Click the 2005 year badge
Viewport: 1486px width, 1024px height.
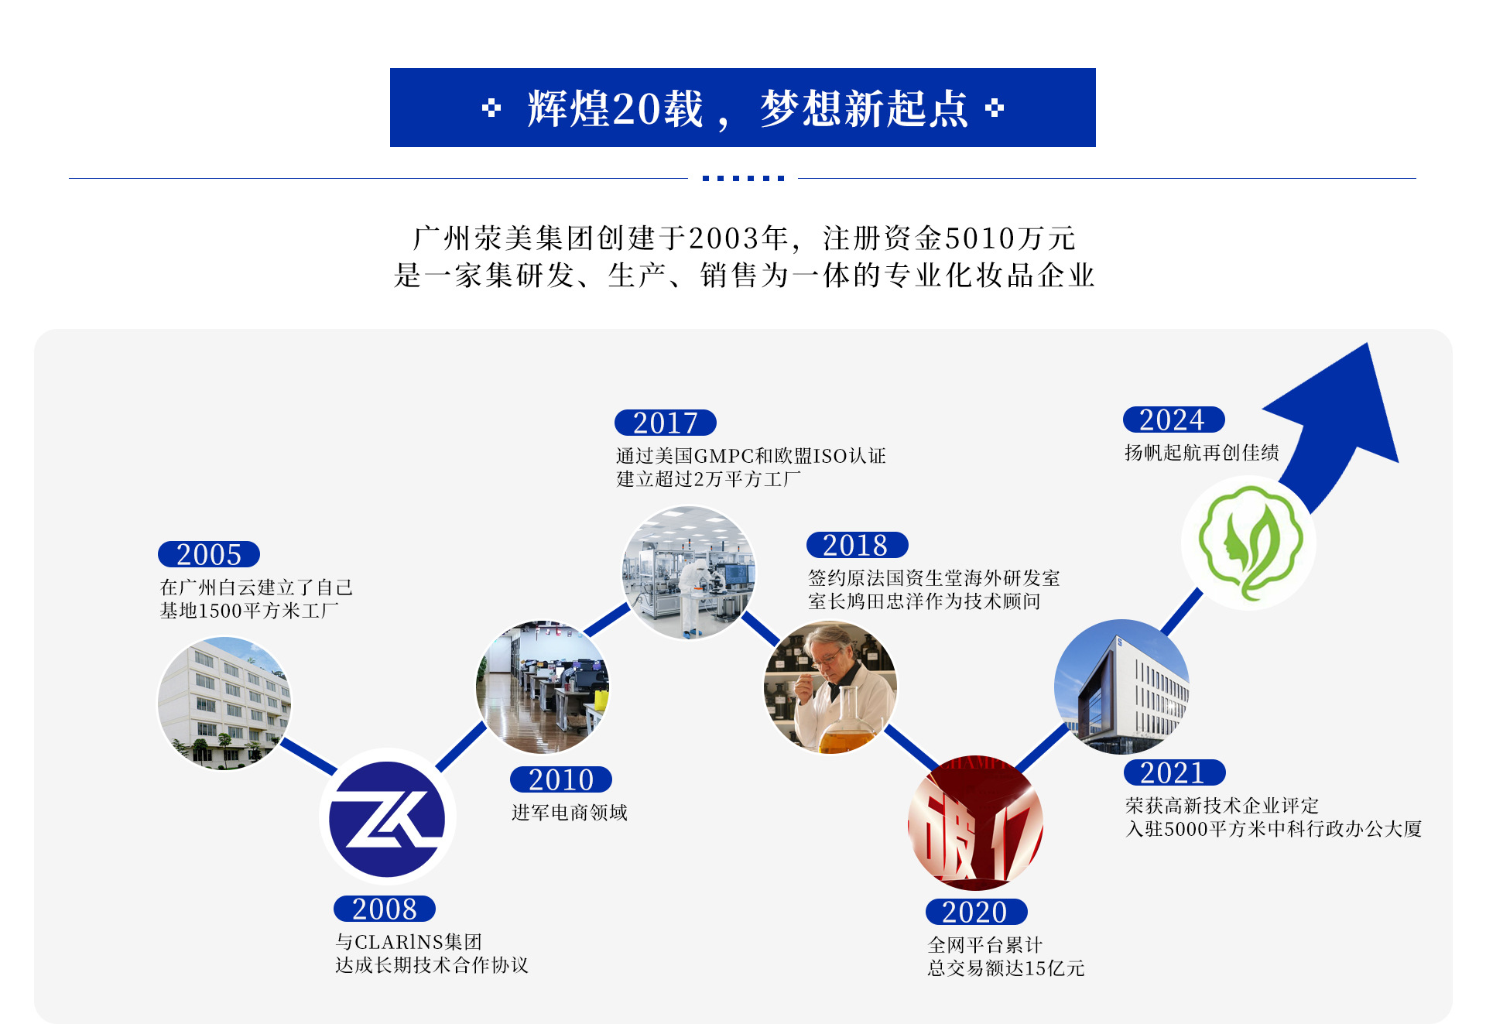click(209, 554)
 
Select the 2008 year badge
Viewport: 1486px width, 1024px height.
click(385, 909)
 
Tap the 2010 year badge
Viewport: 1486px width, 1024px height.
click(561, 779)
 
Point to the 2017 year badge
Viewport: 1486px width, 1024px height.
click(666, 423)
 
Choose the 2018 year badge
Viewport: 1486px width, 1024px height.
click(857, 545)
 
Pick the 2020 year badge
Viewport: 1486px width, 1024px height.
click(976, 912)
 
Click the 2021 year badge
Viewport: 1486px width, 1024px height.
click(1174, 772)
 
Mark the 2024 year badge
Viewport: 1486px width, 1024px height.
click(1173, 420)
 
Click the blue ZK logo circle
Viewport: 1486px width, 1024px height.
click(387, 818)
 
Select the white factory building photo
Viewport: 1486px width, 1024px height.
click(224, 703)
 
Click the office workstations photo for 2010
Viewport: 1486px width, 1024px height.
click(543, 687)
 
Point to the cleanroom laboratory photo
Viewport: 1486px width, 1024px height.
click(689, 573)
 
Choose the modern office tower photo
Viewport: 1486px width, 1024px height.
click(1121, 687)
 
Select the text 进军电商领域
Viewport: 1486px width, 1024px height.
click(570, 813)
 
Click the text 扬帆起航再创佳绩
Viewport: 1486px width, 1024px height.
click(1201, 453)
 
